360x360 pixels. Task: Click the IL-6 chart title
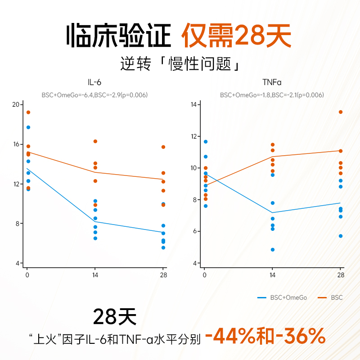[94, 83]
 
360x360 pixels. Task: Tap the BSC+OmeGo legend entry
[282, 297]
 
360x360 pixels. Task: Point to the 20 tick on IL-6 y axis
[17, 104]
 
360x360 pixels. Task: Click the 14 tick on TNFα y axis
[194, 104]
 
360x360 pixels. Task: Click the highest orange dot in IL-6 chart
[28, 112]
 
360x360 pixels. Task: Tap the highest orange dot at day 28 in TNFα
[341, 112]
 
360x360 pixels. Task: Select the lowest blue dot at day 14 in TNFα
[273, 250]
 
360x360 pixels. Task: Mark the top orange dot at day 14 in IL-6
[95, 141]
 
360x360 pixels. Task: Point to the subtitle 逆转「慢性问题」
[180, 63]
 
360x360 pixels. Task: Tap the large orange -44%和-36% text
[265, 336]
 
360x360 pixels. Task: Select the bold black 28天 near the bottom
[114, 316]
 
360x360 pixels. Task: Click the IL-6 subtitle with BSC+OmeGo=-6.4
[94, 95]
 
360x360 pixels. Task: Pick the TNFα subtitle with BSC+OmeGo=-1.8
[272, 95]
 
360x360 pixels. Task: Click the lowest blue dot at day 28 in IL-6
[163, 247]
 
